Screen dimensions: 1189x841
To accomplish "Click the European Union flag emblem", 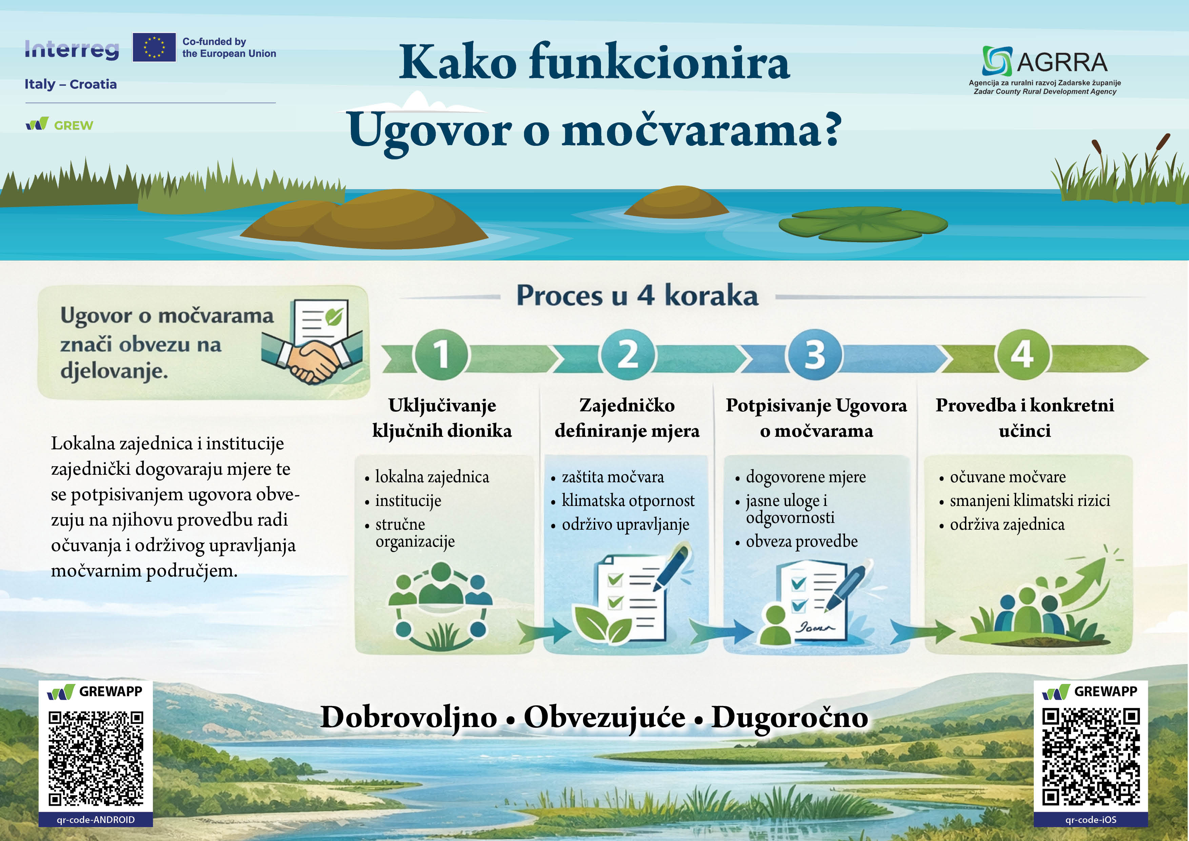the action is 154,47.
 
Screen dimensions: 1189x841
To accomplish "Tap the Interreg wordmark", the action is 72,50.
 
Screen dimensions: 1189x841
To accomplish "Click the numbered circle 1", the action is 441,355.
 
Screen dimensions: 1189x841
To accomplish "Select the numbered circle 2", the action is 628,355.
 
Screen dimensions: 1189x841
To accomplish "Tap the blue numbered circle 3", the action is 814,355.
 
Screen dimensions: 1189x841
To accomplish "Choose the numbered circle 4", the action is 1022,355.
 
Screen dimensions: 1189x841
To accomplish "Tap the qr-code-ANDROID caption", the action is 96,820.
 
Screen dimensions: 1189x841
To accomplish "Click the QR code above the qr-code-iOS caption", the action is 1091,757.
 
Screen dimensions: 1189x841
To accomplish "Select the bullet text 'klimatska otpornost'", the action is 628,501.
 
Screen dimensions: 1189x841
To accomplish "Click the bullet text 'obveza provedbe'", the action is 802,542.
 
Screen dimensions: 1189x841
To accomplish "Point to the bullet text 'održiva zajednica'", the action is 1007,524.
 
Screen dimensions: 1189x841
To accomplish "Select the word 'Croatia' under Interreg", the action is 93,84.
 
